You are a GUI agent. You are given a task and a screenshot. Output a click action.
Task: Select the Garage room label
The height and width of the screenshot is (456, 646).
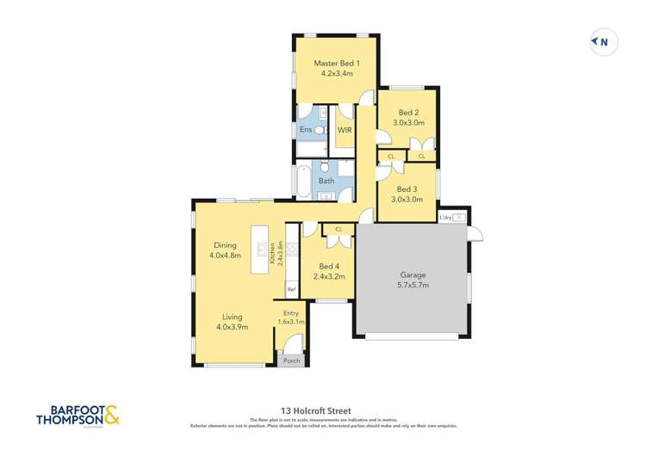tap(413, 276)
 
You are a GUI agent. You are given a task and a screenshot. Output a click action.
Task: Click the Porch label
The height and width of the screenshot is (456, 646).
tap(292, 360)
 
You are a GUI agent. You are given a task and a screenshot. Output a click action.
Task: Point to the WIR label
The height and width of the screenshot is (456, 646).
tap(345, 130)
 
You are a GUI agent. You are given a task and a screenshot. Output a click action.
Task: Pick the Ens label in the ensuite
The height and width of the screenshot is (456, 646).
tap(305, 130)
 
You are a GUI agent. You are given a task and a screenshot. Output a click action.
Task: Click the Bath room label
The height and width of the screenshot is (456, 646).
tap(326, 181)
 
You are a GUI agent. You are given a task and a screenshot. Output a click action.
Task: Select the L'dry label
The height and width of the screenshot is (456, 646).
tap(446, 217)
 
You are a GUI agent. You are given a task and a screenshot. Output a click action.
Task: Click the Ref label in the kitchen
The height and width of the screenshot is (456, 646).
tap(291, 289)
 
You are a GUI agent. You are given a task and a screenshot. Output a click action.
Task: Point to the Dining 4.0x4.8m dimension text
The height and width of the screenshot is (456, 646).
tap(222, 256)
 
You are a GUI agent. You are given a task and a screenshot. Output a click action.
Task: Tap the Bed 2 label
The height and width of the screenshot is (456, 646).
tap(408, 112)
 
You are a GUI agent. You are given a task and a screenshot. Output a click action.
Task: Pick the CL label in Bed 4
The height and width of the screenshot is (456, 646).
tap(339, 229)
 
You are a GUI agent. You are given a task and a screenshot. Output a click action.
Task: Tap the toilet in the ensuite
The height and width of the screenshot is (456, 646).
tap(318, 130)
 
